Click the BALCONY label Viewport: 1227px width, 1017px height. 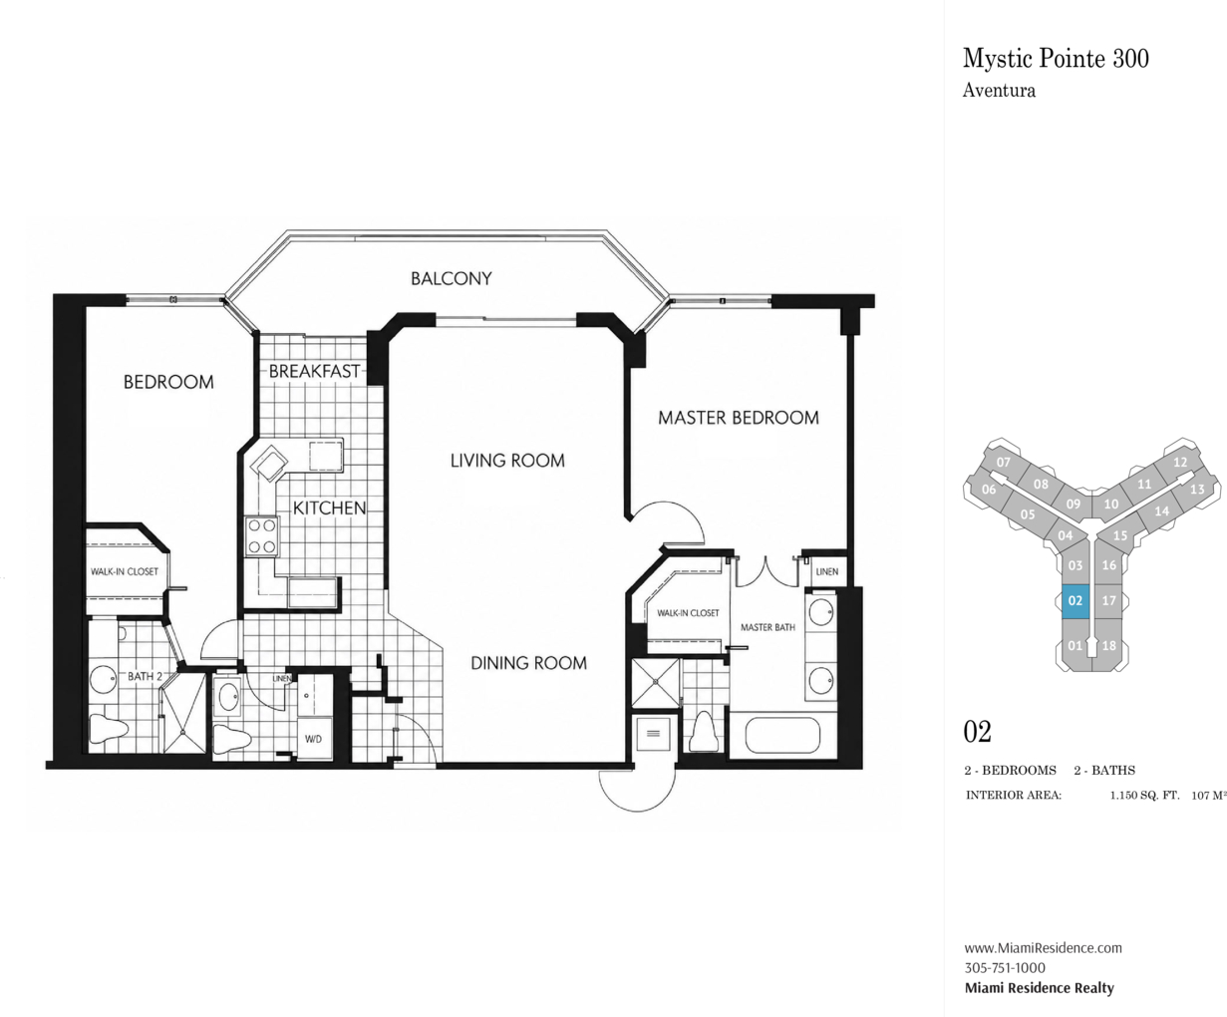tap(451, 278)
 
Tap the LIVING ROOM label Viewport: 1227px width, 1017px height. tap(507, 461)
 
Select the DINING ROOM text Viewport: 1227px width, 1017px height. tap(529, 663)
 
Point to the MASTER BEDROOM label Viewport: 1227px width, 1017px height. tap(738, 418)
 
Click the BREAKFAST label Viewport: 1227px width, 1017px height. tap(314, 372)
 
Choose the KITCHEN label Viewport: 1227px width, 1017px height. tap(330, 508)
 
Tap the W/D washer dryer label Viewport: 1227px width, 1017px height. tap(313, 739)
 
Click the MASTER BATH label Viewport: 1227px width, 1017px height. tap(767, 628)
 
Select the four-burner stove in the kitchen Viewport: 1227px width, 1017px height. tap(261, 535)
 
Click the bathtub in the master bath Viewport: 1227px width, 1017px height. tap(782, 735)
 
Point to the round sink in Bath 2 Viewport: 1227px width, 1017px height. tap(104, 681)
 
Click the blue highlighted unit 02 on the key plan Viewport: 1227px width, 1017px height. tap(1075, 601)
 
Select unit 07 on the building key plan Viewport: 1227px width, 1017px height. tap(1003, 463)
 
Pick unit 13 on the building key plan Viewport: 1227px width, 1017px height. tap(1197, 490)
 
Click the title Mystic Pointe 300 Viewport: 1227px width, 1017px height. tap(1056, 59)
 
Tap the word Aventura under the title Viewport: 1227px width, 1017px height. tap(999, 91)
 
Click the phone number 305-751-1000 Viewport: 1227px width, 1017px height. tap(1005, 968)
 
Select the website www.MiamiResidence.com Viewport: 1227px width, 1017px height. tap(1043, 947)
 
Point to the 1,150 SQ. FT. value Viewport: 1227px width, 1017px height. tap(1144, 796)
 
